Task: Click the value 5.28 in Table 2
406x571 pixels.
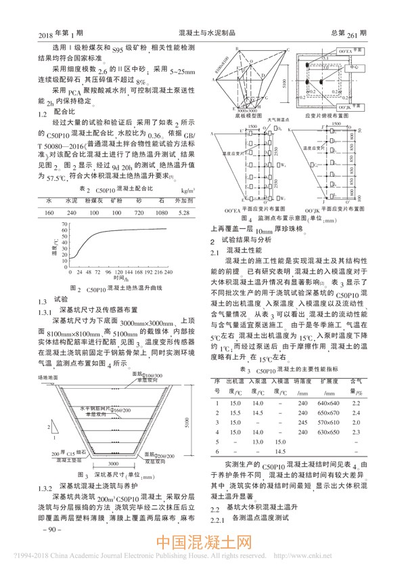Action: click(182, 213)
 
